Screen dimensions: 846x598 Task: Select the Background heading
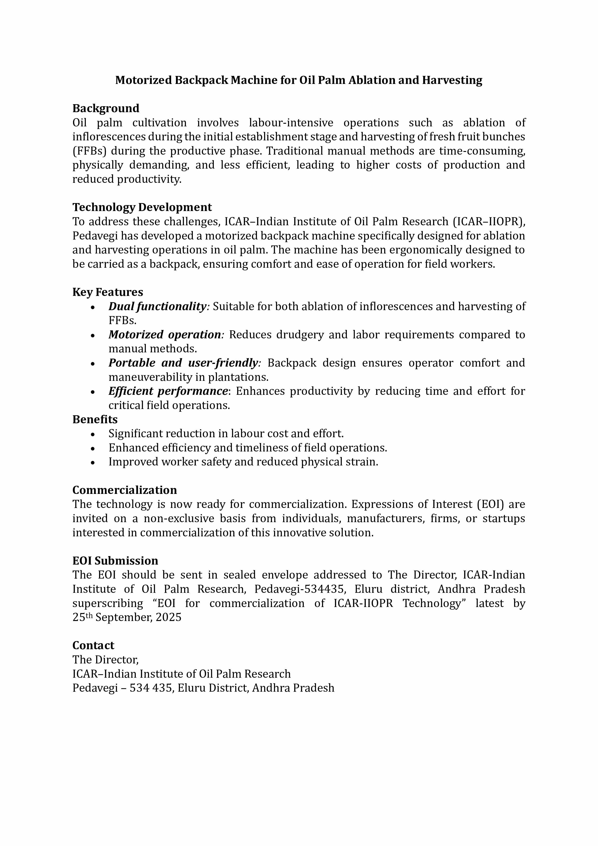pos(106,108)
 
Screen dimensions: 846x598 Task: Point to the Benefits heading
pos(95,419)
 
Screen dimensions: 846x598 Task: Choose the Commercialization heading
pos(124,490)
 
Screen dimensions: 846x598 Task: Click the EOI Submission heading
pos(115,560)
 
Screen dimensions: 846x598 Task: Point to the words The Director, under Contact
pos(105,660)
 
